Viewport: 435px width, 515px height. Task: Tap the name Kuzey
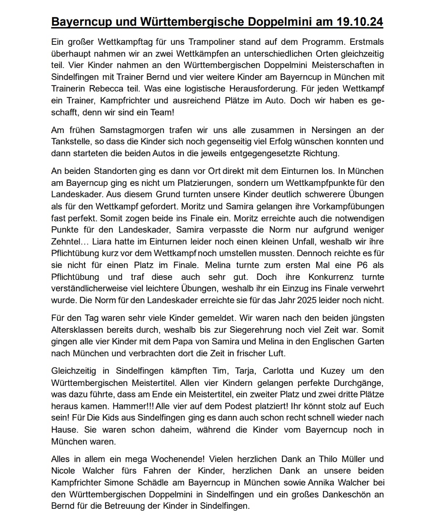click(332, 371)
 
